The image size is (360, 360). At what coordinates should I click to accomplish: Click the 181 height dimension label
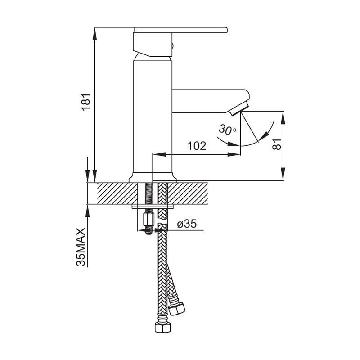tap(86, 102)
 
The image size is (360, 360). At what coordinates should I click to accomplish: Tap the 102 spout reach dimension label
tap(197, 146)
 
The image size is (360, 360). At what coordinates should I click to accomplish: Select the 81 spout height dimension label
tap(277, 144)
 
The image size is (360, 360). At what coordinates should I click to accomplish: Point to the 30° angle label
tap(227, 130)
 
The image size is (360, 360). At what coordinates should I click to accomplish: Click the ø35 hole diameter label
tap(187, 224)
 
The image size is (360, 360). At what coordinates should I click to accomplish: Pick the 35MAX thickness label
tap(81, 247)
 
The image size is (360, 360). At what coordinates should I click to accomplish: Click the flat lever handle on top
tap(181, 30)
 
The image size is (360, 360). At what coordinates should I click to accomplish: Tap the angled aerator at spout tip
tap(239, 108)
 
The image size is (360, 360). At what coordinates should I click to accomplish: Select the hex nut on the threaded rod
tap(148, 219)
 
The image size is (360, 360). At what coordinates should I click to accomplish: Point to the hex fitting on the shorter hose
tap(177, 309)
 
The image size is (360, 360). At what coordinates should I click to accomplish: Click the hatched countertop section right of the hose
tap(188, 193)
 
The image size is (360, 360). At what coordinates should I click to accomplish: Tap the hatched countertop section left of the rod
tap(117, 193)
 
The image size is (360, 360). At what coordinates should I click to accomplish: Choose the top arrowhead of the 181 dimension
tap(94, 31)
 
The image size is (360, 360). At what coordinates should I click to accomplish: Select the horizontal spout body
tap(211, 101)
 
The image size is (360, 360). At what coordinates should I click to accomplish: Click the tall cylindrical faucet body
tap(153, 117)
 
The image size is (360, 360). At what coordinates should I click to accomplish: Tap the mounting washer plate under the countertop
tap(153, 207)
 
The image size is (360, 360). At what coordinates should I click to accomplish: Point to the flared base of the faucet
tap(153, 177)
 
